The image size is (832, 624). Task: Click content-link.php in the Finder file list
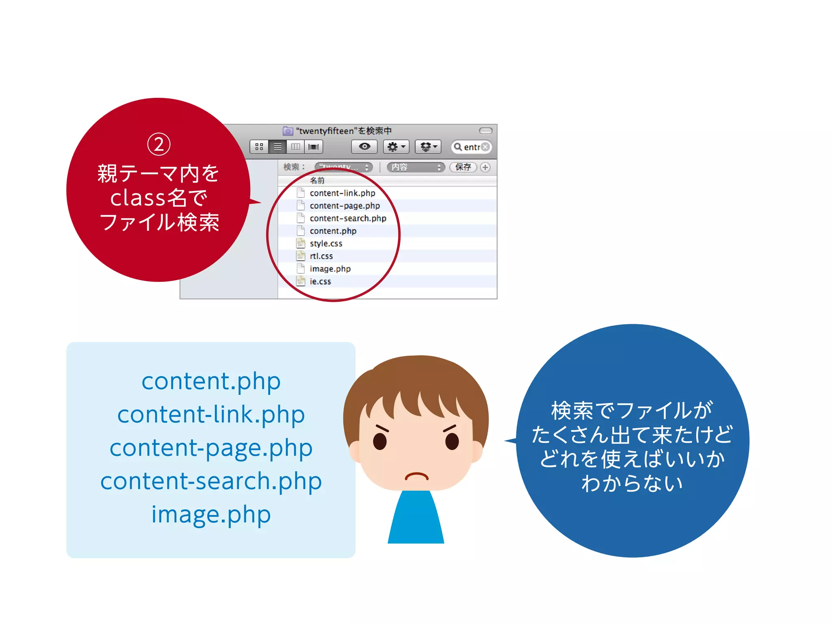(342, 193)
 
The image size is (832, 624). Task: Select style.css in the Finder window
(326, 243)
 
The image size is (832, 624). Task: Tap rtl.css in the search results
(321, 256)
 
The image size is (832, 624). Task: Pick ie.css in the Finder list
(320, 281)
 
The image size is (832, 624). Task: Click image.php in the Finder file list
(330, 269)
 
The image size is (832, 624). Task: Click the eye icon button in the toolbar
(364, 147)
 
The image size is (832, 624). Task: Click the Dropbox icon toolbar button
(428, 147)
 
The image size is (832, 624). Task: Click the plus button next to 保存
(485, 167)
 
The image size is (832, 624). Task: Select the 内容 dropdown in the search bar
(416, 167)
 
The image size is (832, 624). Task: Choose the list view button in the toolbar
(277, 147)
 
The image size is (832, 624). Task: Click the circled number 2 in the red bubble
(158, 144)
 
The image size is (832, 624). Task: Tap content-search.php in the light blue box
(211, 481)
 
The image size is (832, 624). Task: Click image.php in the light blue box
(211, 514)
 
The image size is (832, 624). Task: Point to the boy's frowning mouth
(416, 476)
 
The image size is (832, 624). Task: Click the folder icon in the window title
(288, 131)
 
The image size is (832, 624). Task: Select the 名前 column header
(317, 180)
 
